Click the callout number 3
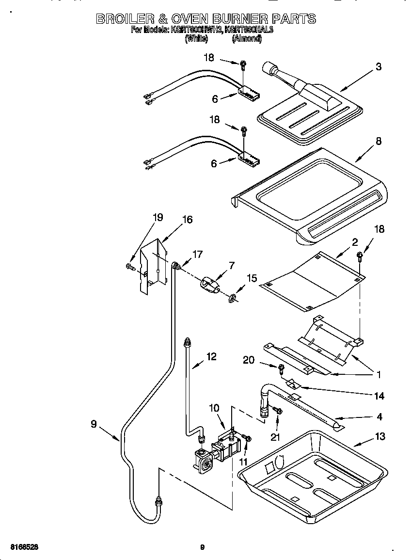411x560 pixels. coord(379,67)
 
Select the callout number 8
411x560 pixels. coord(379,141)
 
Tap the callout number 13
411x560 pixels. coord(380,436)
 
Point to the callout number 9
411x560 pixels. coord(94,424)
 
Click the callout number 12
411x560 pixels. coord(211,356)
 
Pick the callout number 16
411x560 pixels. coord(187,220)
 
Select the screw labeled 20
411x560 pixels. coord(281,369)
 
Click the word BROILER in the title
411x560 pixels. coord(124,19)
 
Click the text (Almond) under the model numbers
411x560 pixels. coord(247,39)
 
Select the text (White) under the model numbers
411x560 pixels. coord(197,39)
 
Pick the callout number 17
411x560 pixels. coord(197,254)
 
